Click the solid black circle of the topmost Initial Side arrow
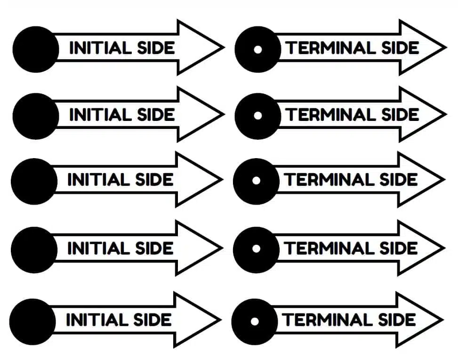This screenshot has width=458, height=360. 36,49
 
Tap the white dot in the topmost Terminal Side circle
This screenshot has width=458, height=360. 257,49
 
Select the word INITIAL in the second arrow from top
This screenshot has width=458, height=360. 100,114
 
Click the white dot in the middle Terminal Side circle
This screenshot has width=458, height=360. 256,181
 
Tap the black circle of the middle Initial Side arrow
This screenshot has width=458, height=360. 34,181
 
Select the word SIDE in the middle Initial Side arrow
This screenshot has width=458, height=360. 154,180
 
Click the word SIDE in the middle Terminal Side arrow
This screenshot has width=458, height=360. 398,180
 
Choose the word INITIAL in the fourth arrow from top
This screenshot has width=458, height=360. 99,248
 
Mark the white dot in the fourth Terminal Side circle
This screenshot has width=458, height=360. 256,249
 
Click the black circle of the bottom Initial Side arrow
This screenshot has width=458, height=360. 32,322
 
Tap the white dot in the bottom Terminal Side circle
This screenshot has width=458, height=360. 255,321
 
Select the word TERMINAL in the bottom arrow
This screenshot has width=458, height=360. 327,320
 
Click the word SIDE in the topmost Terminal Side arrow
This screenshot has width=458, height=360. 400,48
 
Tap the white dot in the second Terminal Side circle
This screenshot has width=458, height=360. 257,116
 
